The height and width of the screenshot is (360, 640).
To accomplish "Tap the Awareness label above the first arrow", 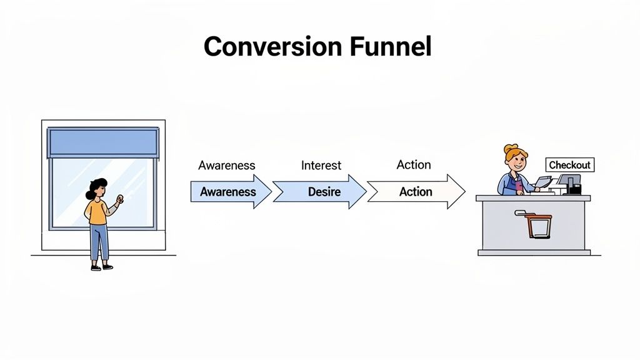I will (227, 165).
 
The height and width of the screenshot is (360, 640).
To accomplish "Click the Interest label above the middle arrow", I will (321, 165).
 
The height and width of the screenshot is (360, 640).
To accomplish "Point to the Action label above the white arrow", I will (414, 164).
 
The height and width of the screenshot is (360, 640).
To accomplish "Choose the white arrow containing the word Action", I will (415, 192).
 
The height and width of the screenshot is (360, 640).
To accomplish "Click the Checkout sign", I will (569, 165).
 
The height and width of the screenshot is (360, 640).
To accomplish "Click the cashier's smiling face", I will (517, 162).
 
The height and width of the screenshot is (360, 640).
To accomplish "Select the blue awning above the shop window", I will (103, 142).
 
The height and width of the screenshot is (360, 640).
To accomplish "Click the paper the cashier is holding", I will (542, 182).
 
